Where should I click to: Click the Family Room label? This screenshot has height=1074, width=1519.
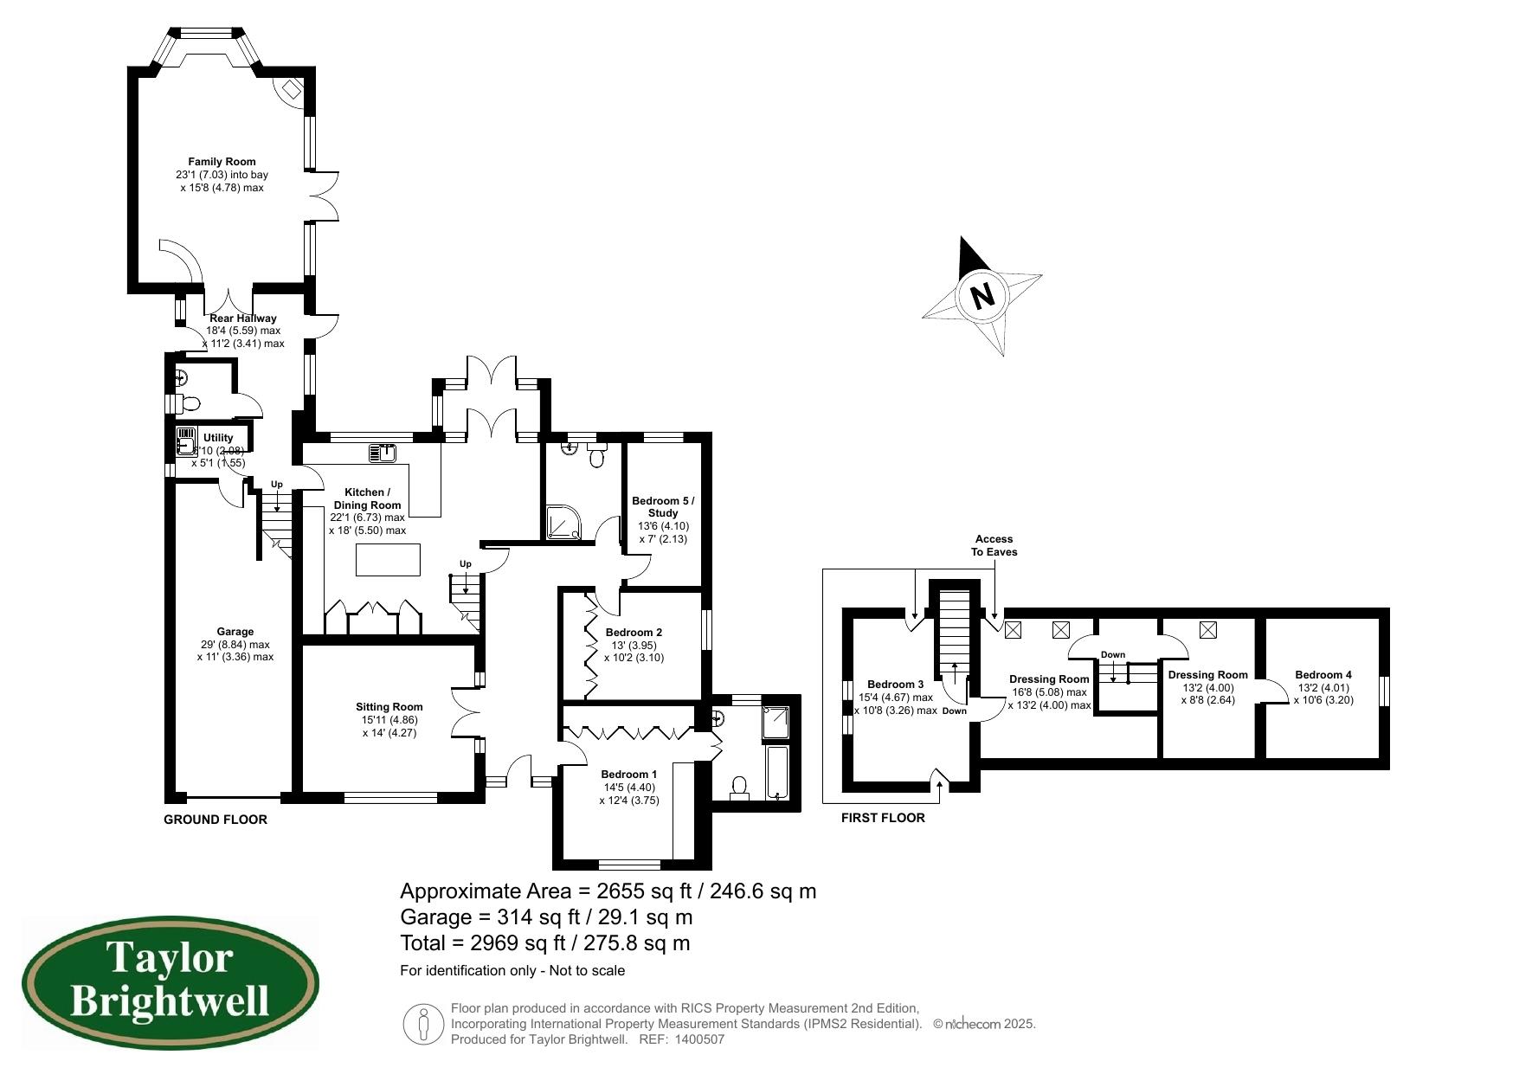(222, 162)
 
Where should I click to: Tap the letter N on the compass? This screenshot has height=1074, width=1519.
(982, 296)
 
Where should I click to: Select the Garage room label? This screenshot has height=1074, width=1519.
(235, 632)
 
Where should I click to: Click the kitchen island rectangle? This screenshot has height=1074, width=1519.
(388, 559)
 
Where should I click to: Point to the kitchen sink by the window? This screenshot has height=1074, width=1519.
(382, 452)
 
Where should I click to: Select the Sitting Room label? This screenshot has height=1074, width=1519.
(389, 707)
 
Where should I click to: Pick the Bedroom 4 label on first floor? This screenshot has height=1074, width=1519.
(1323, 675)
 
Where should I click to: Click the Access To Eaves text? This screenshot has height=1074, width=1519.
(994, 545)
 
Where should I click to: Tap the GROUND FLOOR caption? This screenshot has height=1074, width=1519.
(216, 820)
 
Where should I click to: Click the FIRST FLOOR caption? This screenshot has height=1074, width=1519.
(883, 818)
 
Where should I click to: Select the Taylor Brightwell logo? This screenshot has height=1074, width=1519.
(170, 983)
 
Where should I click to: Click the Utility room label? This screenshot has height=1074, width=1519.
(218, 438)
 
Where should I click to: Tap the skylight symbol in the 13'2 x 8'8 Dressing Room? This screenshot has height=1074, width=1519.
(1207, 630)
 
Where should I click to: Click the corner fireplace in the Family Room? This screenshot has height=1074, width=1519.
(290, 88)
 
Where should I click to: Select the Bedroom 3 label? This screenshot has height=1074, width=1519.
(895, 685)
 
